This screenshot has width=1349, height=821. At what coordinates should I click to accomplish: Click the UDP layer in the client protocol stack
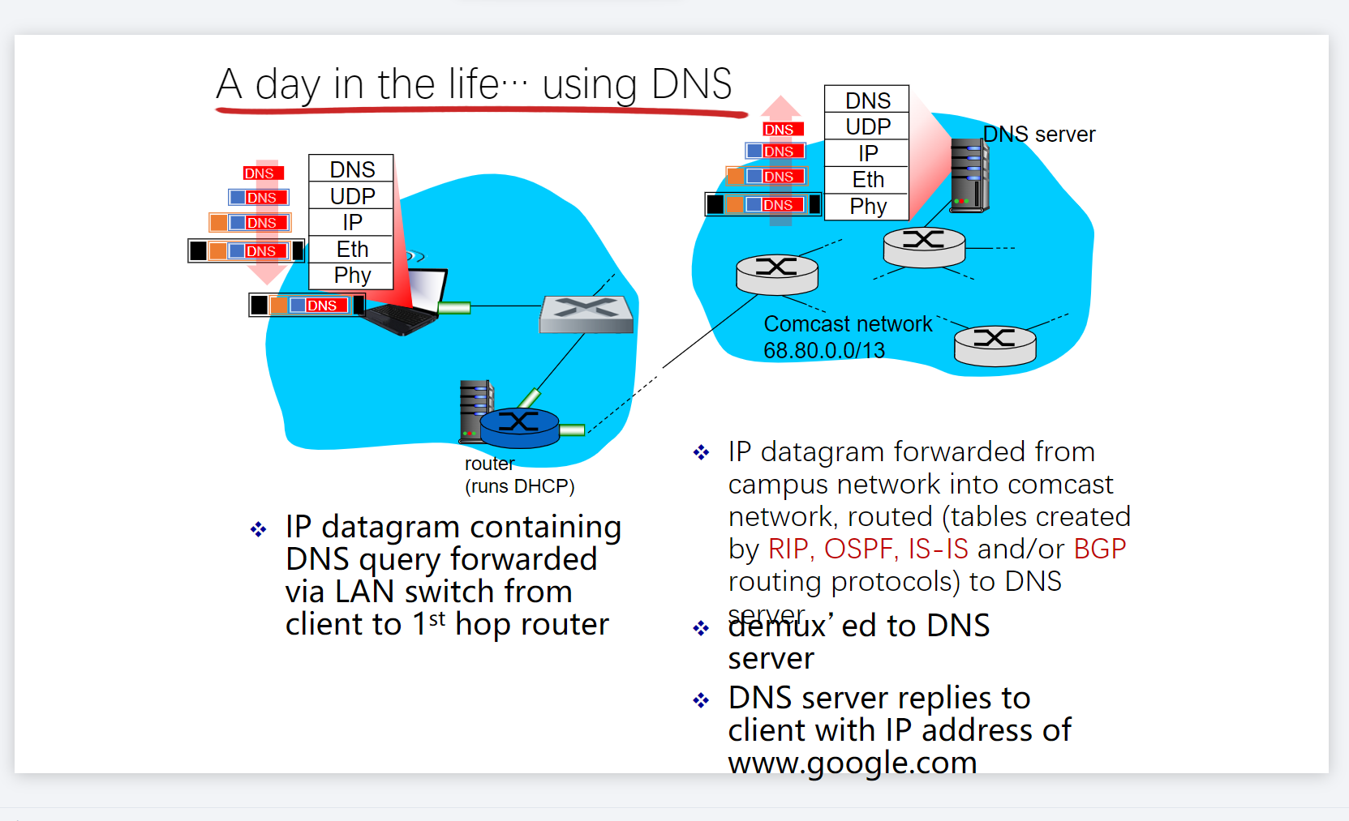coord(352,196)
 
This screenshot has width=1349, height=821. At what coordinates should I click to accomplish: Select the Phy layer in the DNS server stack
coord(867,207)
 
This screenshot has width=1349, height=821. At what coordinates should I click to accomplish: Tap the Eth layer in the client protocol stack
coord(352,249)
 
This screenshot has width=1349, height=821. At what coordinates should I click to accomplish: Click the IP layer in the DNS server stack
coord(867,153)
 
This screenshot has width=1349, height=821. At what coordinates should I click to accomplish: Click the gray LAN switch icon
coord(586,314)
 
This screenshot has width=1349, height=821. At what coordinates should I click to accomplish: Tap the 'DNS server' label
coord(1038,135)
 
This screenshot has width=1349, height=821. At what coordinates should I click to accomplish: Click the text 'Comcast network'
coord(848,324)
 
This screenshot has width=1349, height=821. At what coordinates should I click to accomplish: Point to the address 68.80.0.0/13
coord(823,351)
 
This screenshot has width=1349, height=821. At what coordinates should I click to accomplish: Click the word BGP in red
coord(1099,549)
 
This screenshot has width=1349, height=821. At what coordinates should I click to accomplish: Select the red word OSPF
coord(858,549)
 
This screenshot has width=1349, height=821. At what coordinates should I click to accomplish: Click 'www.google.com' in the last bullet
coord(852,763)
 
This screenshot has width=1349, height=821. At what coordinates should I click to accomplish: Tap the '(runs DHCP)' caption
coord(519,486)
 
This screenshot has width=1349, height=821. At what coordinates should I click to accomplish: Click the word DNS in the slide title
coord(691,84)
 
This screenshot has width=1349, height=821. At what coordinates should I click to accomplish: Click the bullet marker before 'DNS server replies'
coord(701,700)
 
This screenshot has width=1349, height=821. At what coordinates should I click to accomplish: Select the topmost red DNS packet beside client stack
coord(263,173)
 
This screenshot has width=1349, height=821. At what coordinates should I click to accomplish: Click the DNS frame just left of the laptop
coord(306,306)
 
